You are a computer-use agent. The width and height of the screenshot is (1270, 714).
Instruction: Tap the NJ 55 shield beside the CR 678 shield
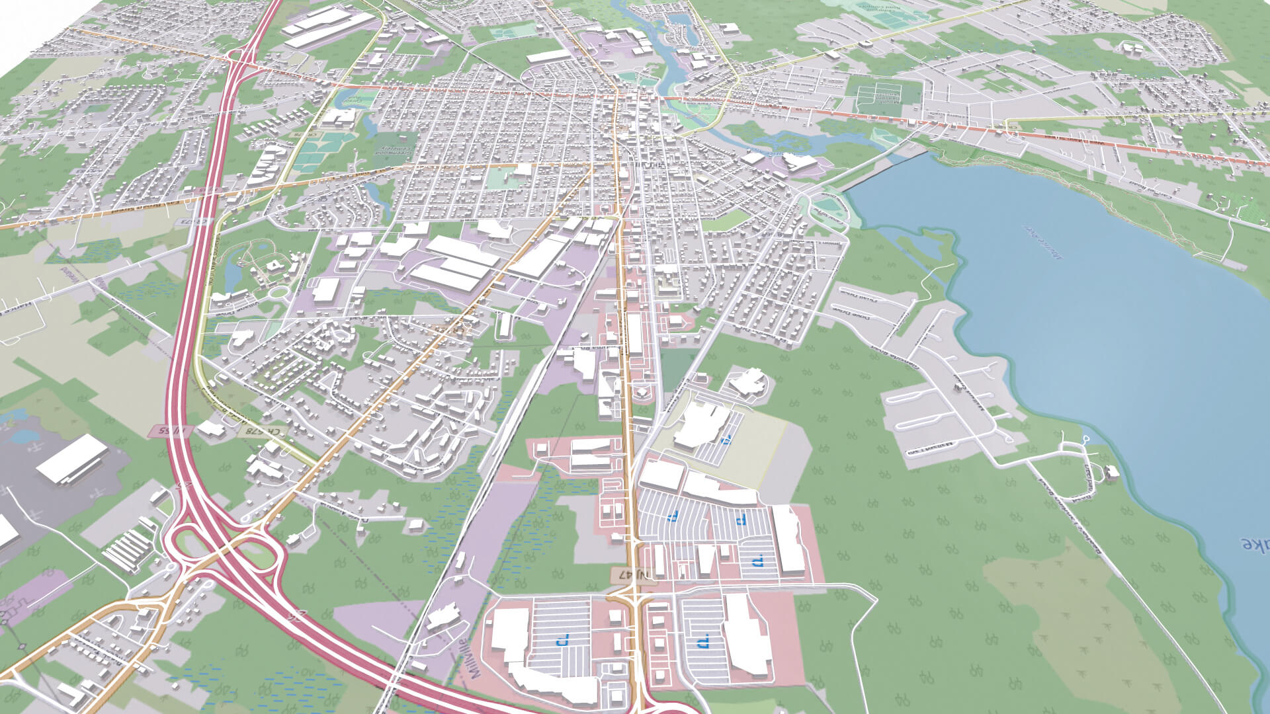pyautogui.click(x=170, y=431)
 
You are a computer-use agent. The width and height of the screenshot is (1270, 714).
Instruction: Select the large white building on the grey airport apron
pyautogui.click(x=71, y=457)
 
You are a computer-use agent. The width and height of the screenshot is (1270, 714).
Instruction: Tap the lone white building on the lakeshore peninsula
pyautogui.click(x=1112, y=471)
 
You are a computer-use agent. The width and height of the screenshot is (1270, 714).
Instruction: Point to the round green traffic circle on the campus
pyautogui.click(x=278, y=291)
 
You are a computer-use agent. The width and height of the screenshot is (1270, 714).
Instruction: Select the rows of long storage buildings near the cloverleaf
pyautogui.click(x=129, y=549)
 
